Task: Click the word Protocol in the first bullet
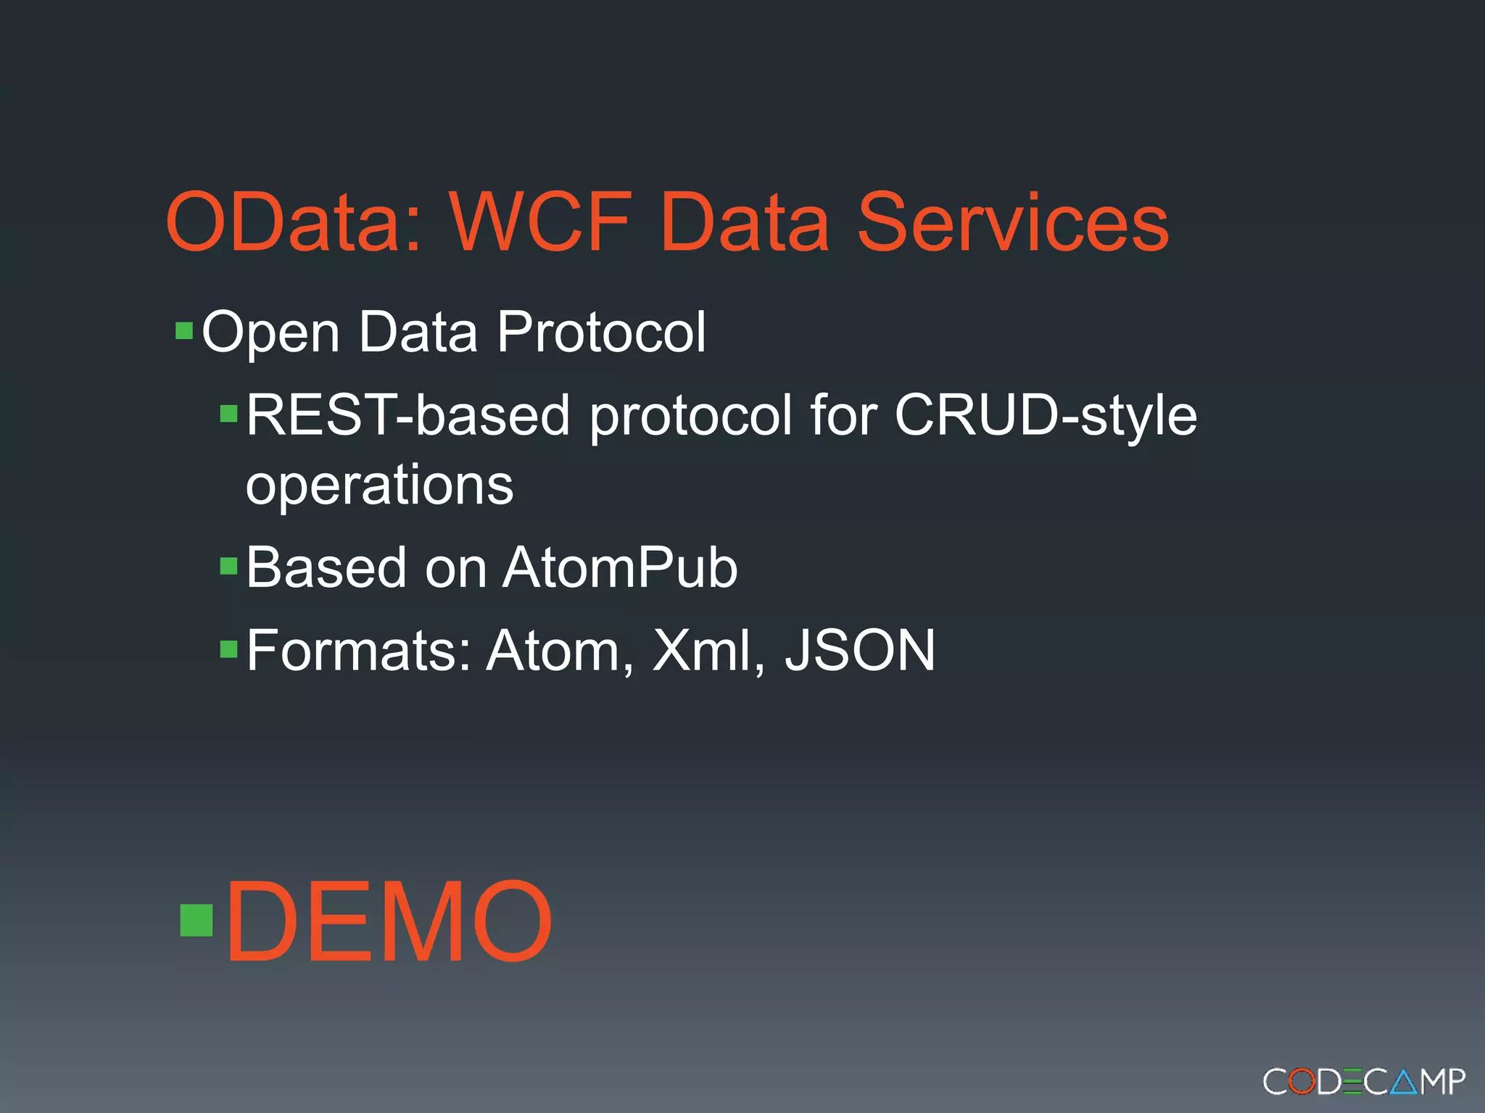tap(601, 332)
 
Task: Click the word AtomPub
tap(620, 567)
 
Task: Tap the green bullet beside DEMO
tap(196, 920)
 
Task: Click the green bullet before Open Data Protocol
tap(184, 332)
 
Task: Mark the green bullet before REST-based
tap(229, 414)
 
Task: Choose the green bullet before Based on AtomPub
tap(229, 566)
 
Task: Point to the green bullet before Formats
tap(229, 649)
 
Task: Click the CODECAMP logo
tap(1364, 1082)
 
